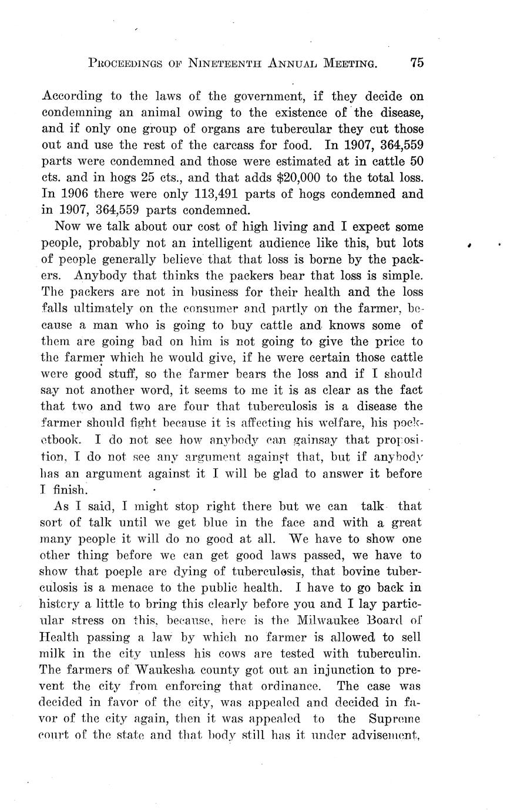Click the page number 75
(417, 63)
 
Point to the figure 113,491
(194, 193)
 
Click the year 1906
(72, 193)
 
